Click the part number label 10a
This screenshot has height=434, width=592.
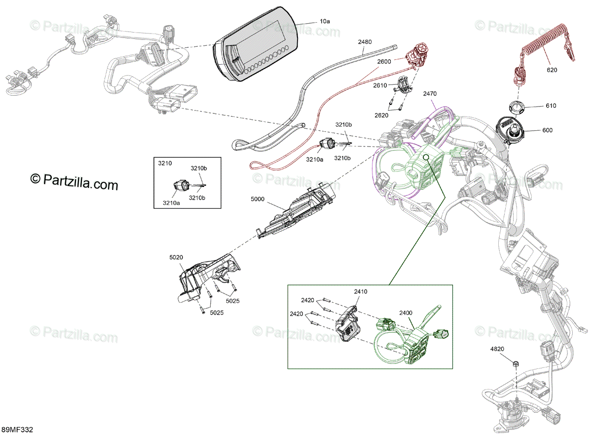coord(325,22)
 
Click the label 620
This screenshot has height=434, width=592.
coord(552,70)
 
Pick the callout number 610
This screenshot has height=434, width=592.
coord(551,106)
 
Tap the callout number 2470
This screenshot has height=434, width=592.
coord(429,93)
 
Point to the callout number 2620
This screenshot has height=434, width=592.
coord(381,115)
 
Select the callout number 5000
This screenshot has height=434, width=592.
coord(258,199)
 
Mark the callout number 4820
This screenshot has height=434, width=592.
coord(497,349)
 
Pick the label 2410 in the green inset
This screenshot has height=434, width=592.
coord(360,291)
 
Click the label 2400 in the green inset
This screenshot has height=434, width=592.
coord(406,313)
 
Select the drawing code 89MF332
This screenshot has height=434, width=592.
coord(17,430)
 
